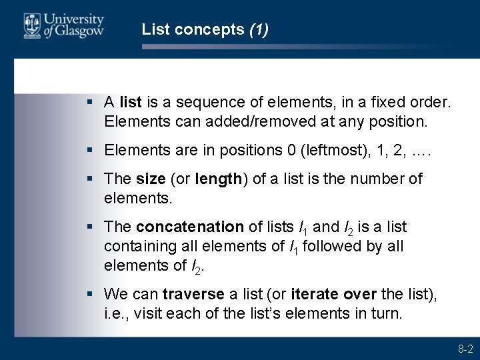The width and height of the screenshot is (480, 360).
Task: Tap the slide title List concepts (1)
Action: [205, 29]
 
